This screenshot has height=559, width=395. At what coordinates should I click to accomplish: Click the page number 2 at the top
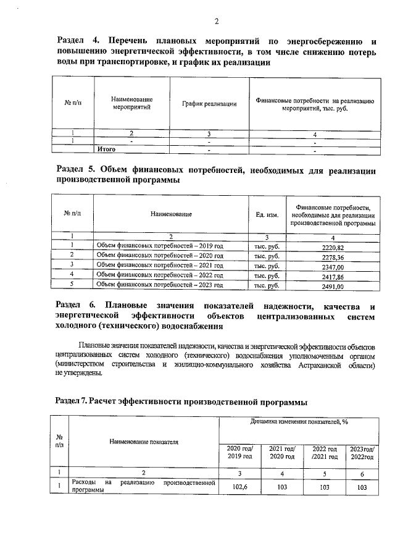point(217,22)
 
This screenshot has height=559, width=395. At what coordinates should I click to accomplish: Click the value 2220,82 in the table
point(333,246)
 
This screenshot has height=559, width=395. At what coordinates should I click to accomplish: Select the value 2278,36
point(333,256)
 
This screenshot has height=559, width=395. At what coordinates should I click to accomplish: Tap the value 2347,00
point(333,266)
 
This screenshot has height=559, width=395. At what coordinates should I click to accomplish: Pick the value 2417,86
point(333,276)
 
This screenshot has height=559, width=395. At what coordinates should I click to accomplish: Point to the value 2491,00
point(333,286)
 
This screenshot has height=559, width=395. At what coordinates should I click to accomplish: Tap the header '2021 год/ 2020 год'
point(282,452)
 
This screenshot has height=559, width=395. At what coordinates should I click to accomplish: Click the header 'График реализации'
point(209,104)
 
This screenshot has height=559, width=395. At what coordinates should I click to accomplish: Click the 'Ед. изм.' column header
point(267,214)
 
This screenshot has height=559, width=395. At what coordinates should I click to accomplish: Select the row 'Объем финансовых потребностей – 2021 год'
point(160,266)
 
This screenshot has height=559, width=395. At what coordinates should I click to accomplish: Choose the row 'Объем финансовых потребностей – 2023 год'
point(160,286)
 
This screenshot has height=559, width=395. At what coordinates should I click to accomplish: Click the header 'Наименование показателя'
point(144,442)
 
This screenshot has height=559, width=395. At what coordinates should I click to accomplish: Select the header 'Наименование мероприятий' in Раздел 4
point(132,103)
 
